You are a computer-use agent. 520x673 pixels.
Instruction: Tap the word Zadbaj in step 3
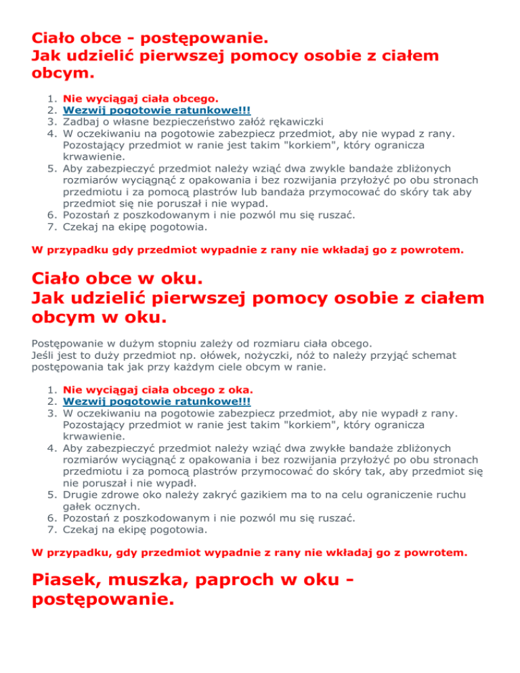(80, 123)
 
